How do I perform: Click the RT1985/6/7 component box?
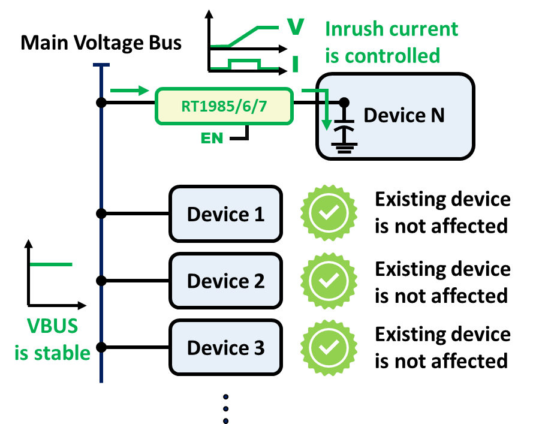click(x=224, y=106)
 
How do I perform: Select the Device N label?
click(x=404, y=115)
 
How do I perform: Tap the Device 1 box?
click(x=225, y=214)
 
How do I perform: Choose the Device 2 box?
click(x=225, y=281)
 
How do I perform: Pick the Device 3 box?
click(x=225, y=347)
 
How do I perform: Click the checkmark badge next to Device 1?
click(x=329, y=213)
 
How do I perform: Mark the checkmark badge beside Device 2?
click(x=329, y=280)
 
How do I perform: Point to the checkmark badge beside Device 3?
click(x=329, y=347)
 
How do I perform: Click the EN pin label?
click(x=212, y=139)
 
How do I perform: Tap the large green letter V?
click(x=295, y=26)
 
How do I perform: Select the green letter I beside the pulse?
click(x=295, y=64)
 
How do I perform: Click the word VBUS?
click(x=52, y=326)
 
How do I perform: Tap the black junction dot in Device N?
click(x=344, y=103)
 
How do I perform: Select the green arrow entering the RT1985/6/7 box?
click(x=130, y=91)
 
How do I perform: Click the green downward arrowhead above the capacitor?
click(x=326, y=124)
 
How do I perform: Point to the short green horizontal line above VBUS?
click(x=51, y=264)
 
